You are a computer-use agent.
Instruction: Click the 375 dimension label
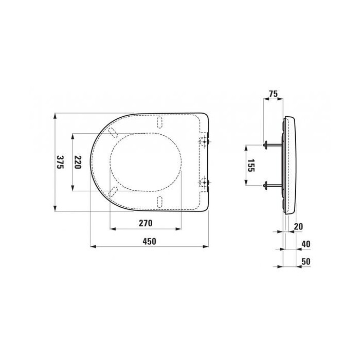click(60, 162)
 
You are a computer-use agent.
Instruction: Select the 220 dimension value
click(78, 162)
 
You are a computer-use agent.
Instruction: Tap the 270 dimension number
click(146, 223)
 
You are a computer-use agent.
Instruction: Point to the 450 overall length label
click(150, 241)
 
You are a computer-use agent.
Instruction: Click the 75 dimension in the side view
click(273, 94)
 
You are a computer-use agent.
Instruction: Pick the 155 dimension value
click(251, 165)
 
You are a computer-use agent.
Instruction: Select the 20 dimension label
click(298, 227)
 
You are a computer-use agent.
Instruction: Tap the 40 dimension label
click(306, 244)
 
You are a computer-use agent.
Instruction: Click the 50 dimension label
click(306, 261)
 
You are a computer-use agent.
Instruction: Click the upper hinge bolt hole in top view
click(204, 141)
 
